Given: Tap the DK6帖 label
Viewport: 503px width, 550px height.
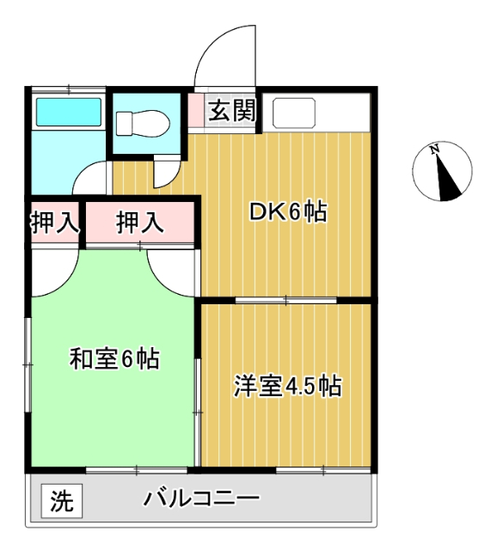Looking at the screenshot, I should coord(288,212).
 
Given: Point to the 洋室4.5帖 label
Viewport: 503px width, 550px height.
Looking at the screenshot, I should coord(288,386).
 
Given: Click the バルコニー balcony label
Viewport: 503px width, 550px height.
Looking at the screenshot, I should coord(201,498).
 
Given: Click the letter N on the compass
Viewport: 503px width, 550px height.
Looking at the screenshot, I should coord(435,151).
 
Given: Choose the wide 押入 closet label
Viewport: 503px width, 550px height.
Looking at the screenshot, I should coord(139,223).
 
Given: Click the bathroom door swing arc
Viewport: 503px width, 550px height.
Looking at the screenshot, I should coord(90,178).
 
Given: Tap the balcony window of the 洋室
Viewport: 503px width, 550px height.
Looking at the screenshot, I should coord(324,470).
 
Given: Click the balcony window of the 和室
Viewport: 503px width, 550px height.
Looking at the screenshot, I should coord(138,470).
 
